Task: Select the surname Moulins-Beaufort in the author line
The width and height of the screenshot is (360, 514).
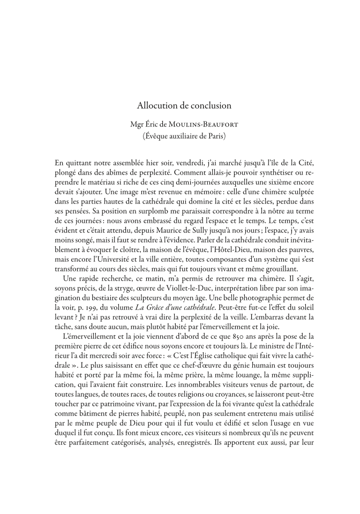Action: click(x=204, y=125)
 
